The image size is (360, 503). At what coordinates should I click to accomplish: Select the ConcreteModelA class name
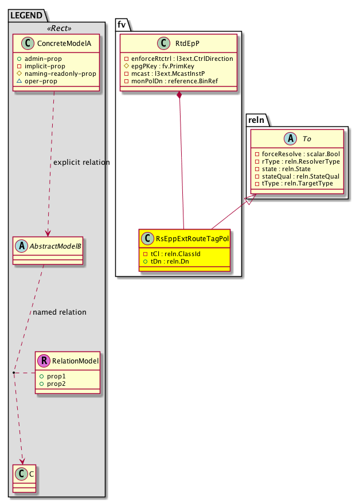pyautogui.click(x=64, y=42)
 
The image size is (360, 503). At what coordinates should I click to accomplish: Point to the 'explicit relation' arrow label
pyautogui.click(x=81, y=162)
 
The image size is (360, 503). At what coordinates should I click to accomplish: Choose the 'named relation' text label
pyautogui.click(x=60, y=312)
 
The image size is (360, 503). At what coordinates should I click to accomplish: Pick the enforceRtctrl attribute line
pyautogui.click(x=178, y=59)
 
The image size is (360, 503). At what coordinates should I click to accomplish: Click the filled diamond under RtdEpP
pyautogui.click(x=179, y=95)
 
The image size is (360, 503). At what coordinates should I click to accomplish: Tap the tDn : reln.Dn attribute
pyautogui.click(x=167, y=261)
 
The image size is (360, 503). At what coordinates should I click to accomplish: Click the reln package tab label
pyautogui.click(x=255, y=119)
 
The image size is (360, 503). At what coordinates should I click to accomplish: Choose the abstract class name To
pyautogui.click(x=303, y=138)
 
